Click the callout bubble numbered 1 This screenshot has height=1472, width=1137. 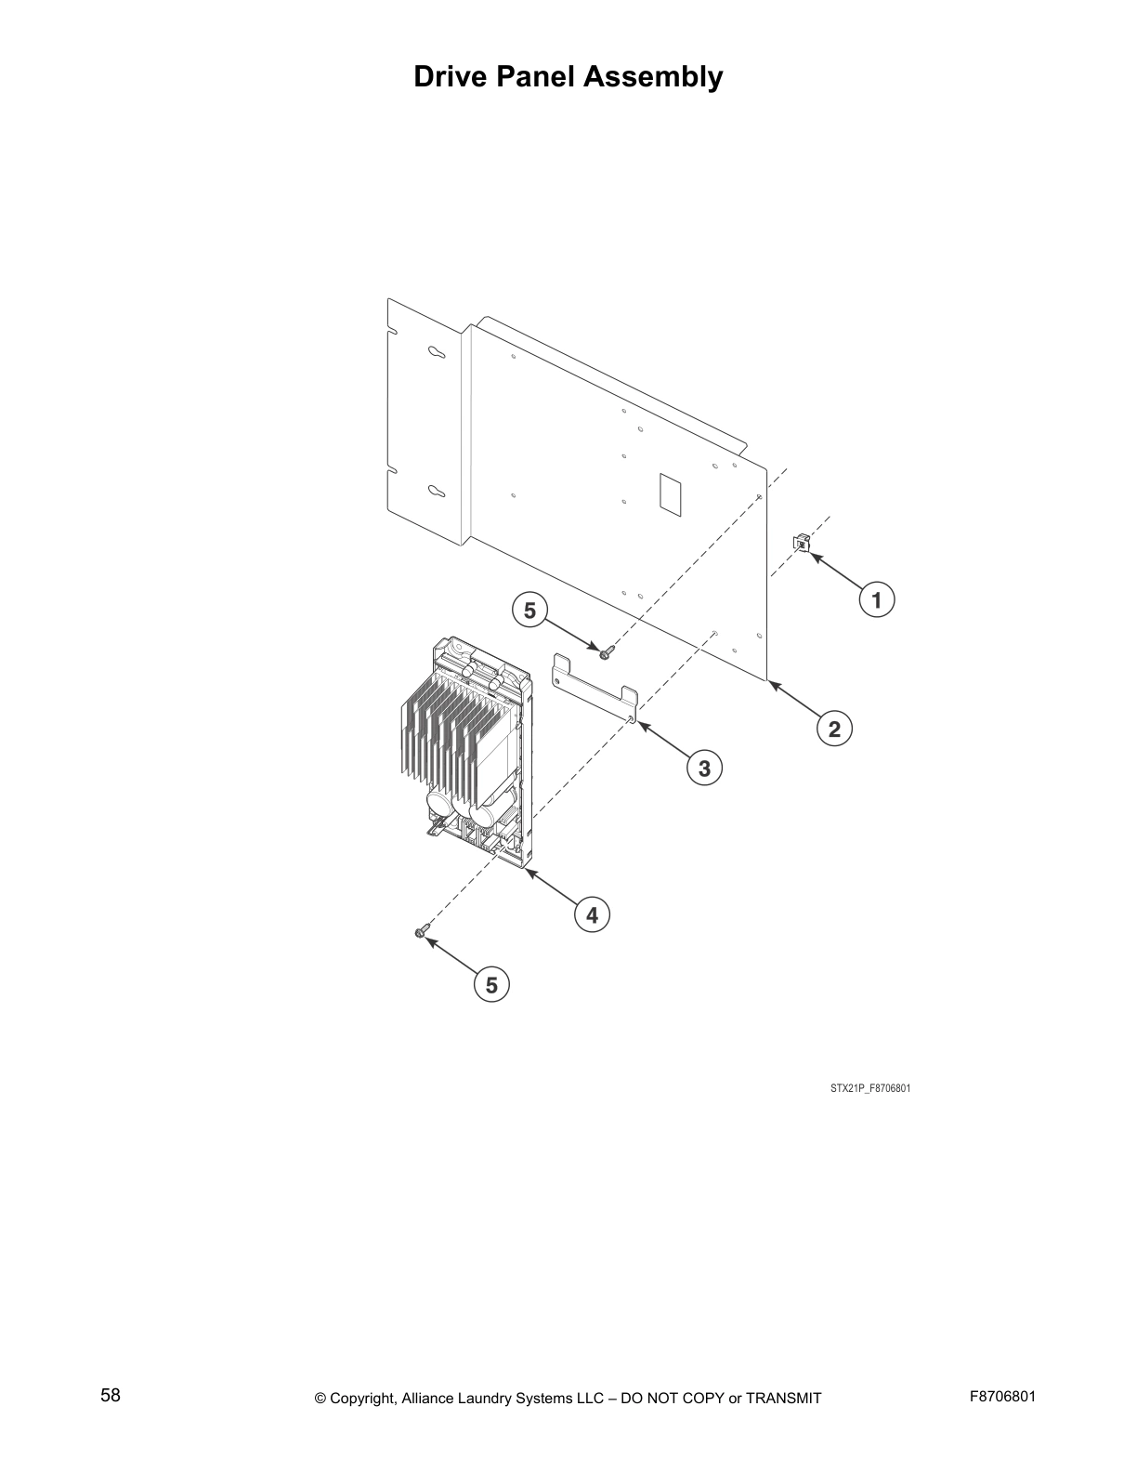[876, 599]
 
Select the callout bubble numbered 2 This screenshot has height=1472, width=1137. [834, 729]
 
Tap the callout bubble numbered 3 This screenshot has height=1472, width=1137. [704, 769]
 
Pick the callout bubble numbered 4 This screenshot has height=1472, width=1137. [592, 915]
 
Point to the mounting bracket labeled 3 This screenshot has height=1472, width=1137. [595, 688]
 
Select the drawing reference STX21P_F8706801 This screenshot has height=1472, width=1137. [869, 1087]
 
